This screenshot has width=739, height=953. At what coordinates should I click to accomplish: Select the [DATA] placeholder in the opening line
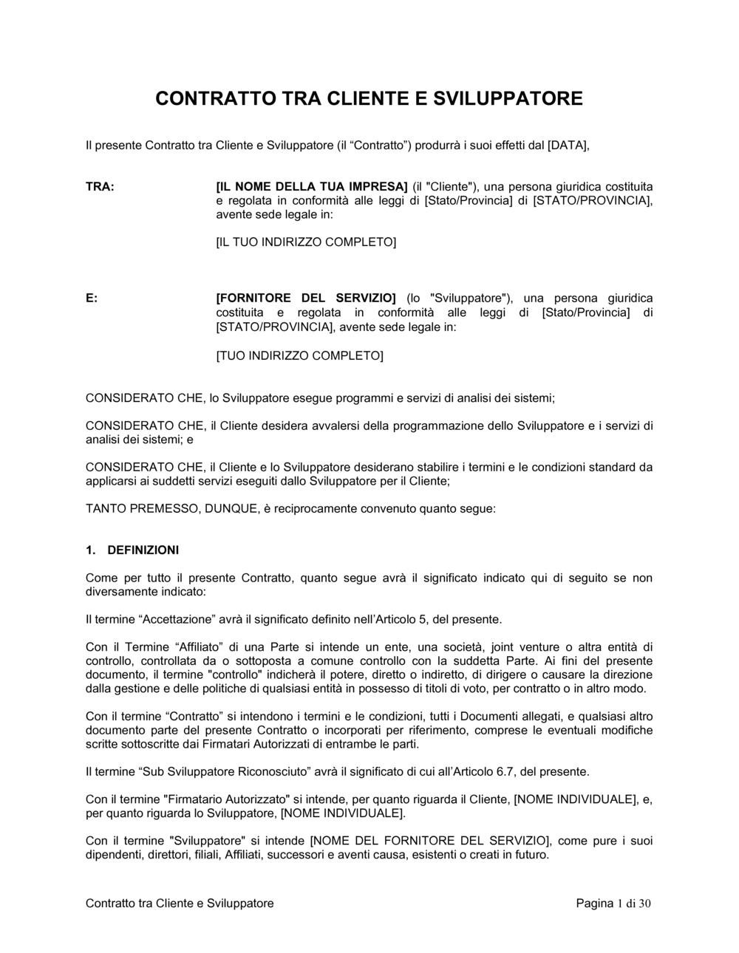(x=568, y=146)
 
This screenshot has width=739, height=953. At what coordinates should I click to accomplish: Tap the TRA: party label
(x=100, y=187)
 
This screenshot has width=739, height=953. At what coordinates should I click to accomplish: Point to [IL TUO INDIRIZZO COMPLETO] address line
(x=306, y=242)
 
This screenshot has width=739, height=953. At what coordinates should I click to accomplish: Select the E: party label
(x=92, y=298)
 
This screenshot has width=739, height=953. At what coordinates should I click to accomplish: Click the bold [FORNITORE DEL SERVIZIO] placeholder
(x=306, y=298)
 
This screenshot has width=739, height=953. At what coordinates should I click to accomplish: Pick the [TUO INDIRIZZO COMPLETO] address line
(x=299, y=356)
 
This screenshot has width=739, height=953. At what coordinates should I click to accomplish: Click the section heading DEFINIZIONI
(x=143, y=550)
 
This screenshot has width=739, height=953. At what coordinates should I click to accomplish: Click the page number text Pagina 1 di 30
(x=613, y=904)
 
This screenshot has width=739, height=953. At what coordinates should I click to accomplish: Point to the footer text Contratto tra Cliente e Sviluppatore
(x=180, y=904)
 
